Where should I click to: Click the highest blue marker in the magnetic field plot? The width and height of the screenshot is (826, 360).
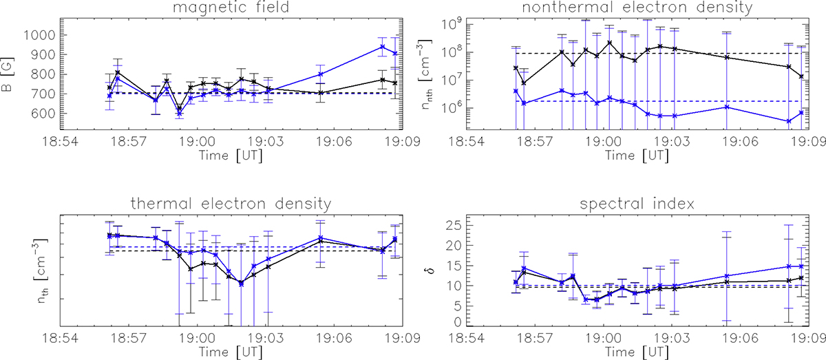pyautogui.click(x=382, y=47)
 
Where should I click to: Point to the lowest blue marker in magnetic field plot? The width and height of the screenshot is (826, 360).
pyautogui.click(x=179, y=114)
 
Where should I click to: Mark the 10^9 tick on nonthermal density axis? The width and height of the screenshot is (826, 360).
pyautogui.click(x=452, y=24)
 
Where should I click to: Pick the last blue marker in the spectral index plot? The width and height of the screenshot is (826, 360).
pyautogui.click(x=801, y=266)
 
